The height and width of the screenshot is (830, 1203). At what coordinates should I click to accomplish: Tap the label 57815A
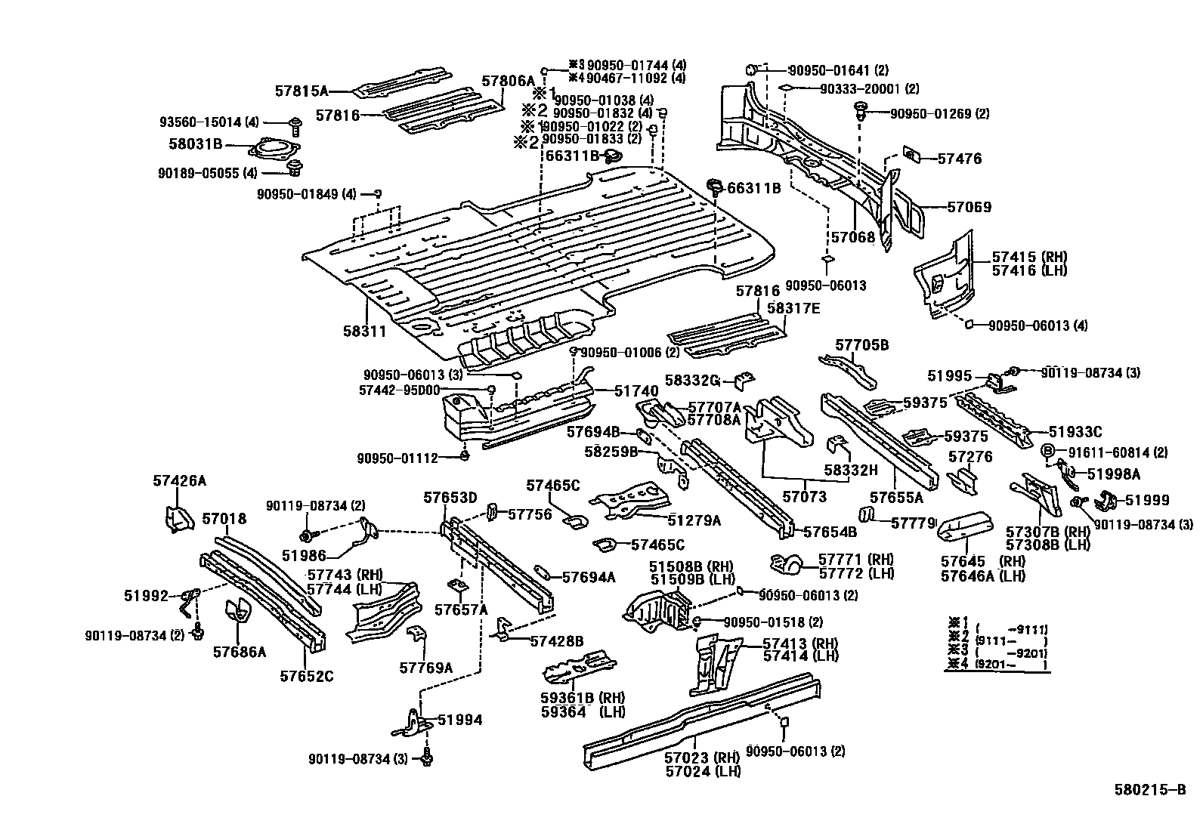[x=301, y=91]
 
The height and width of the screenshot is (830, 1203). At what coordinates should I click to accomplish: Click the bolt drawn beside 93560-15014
[x=295, y=122]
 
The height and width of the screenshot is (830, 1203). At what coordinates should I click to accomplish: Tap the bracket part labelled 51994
[x=414, y=721]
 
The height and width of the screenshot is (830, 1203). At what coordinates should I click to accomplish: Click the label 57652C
[x=306, y=676]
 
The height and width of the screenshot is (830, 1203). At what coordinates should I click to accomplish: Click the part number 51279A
[x=694, y=520]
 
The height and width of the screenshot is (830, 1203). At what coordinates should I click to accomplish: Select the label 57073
[x=804, y=497]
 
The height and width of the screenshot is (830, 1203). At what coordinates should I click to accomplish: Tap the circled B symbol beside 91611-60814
[x=1049, y=452]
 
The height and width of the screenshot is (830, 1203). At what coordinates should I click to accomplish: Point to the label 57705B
[x=861, y=345]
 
